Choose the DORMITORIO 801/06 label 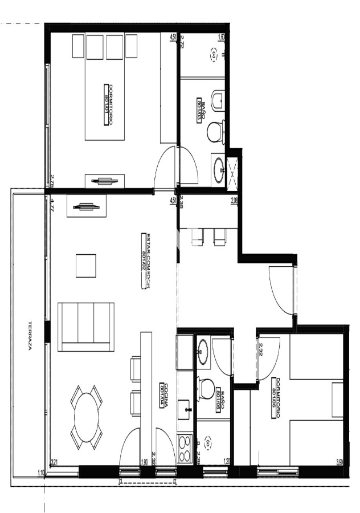click(x=278, y=398)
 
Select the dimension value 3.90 click(x=340, y=462)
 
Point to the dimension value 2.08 click(x=234, y=200)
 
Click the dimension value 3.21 click(x=55, y=462)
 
